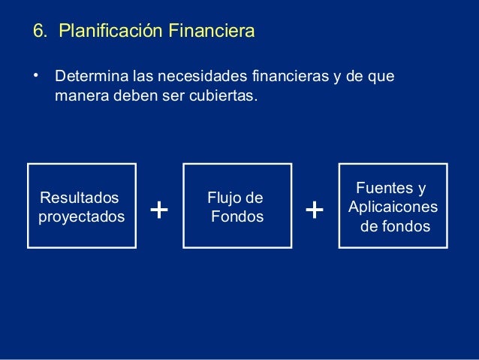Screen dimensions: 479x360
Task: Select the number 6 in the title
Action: coord(37,32)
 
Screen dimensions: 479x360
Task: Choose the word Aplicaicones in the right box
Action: coord(393,207)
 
